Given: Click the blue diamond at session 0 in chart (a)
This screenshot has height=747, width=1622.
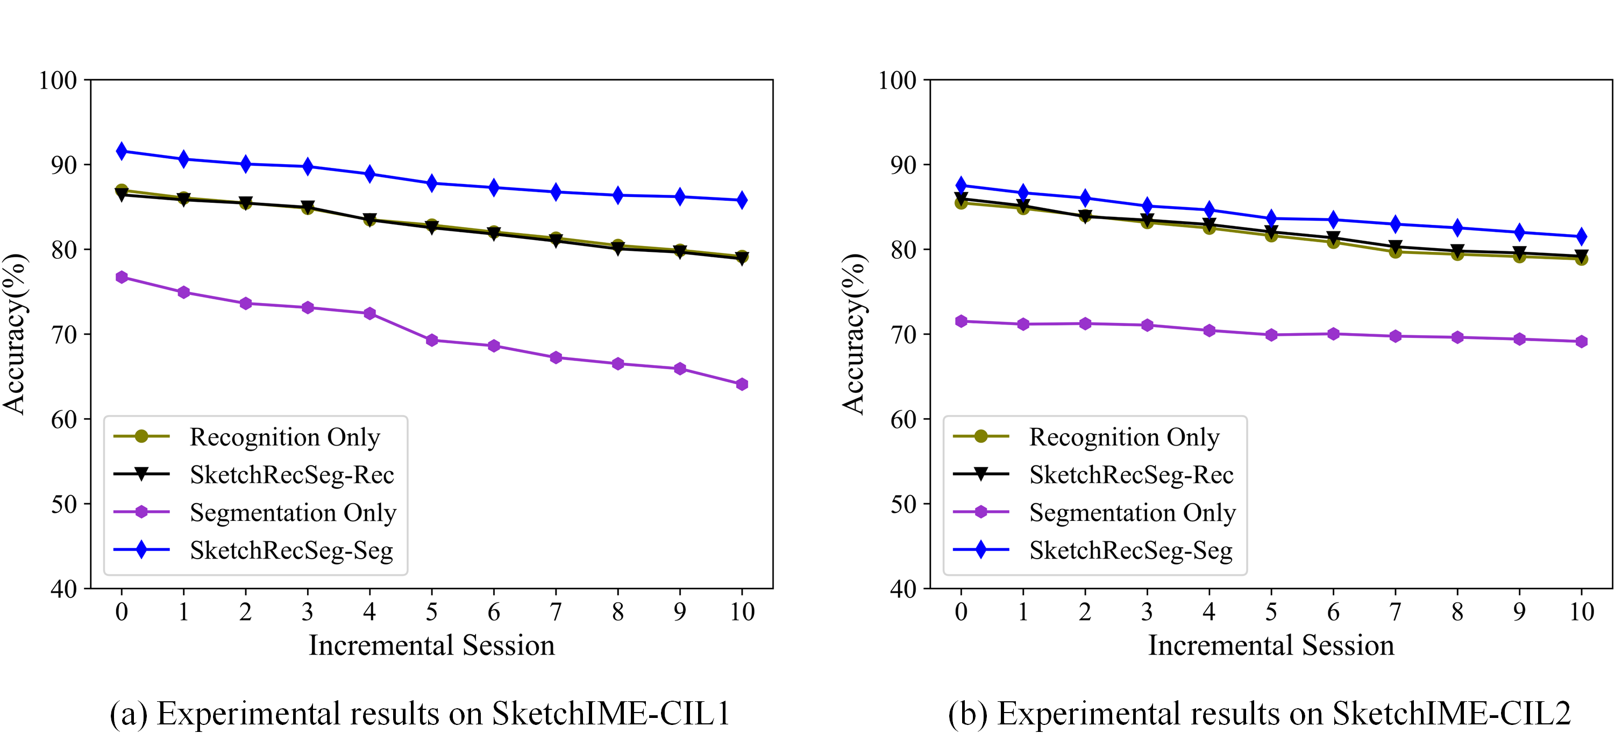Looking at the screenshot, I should tap(122, 151).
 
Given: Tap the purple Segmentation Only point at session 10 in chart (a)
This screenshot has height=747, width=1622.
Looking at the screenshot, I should tap(742, 384).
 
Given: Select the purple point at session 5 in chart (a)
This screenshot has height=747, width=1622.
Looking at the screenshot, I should tap(431, 340).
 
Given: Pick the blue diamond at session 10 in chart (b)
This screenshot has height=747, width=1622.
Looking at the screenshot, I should tap(1581, 237).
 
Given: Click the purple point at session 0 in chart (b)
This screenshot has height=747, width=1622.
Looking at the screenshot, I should tap(961, 321).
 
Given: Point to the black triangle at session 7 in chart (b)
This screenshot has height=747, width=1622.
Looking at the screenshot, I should tap(1396, 246).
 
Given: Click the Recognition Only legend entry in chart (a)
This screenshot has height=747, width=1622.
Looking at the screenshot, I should tap(284, 436).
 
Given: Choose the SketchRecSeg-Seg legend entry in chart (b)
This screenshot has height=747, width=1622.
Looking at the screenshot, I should tap(1130, 550).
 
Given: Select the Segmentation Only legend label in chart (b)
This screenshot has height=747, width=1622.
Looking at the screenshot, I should tap(1132, 512).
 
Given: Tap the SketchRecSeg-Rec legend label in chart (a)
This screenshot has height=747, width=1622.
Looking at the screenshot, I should tap(291, 474).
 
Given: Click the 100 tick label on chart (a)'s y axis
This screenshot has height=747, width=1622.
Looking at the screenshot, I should tap(58, 80).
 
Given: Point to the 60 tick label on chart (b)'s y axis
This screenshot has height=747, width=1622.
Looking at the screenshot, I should tap(903, 419).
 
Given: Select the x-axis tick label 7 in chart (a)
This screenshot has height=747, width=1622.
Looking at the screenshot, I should tap(556, 611).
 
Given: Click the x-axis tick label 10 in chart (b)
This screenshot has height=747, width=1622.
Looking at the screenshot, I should tap(1581, 611).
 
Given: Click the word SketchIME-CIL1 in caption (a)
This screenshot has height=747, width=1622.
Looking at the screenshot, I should tap(611, 714).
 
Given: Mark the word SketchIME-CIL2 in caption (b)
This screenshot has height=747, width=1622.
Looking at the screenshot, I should tap(1451, 714).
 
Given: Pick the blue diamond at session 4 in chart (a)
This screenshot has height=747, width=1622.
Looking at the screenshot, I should tap(369, 174).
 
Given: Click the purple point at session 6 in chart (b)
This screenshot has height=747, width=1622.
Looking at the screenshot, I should tap(1333, 334).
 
